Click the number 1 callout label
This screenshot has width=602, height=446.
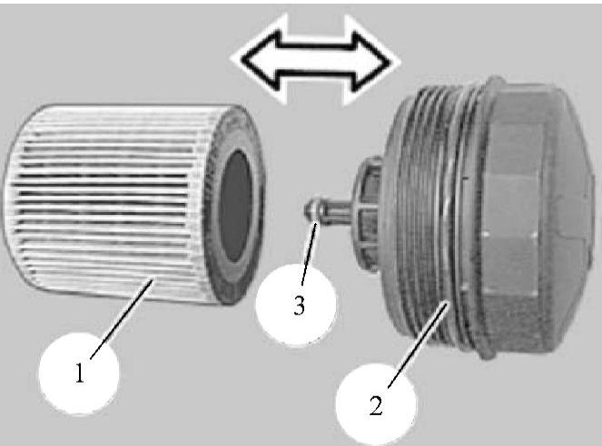(80, 373)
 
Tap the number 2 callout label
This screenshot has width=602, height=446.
(376, 405)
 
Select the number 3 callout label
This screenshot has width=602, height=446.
(299, 305)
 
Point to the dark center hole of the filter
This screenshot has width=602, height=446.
(235, 206)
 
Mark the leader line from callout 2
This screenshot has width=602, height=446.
(418, 344)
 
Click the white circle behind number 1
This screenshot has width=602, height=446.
(79, 373)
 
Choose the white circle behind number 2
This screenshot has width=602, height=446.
(376, 404)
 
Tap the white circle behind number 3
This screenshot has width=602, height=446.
(296, 305)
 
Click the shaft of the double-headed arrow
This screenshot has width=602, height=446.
(316, 61)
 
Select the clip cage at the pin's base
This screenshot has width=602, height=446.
(368, 215)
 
